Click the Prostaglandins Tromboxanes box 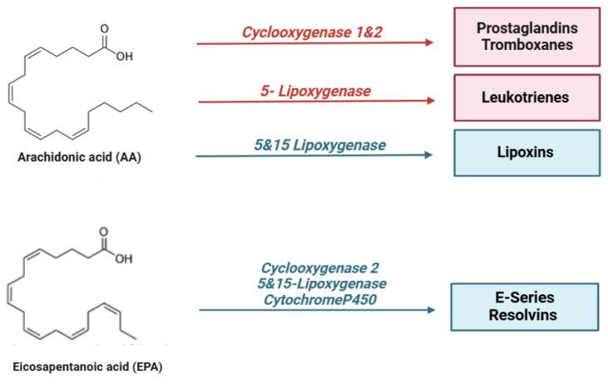526,37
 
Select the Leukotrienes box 526,97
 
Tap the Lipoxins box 526,153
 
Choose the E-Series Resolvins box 524,307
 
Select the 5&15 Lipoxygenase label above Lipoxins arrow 319,145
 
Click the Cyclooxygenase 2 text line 319,268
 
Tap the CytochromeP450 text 319,297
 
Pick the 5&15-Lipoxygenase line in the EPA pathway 319,283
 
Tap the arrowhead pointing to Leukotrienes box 430,101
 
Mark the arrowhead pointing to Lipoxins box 428,155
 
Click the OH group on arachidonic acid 125,57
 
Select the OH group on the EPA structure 124,258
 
